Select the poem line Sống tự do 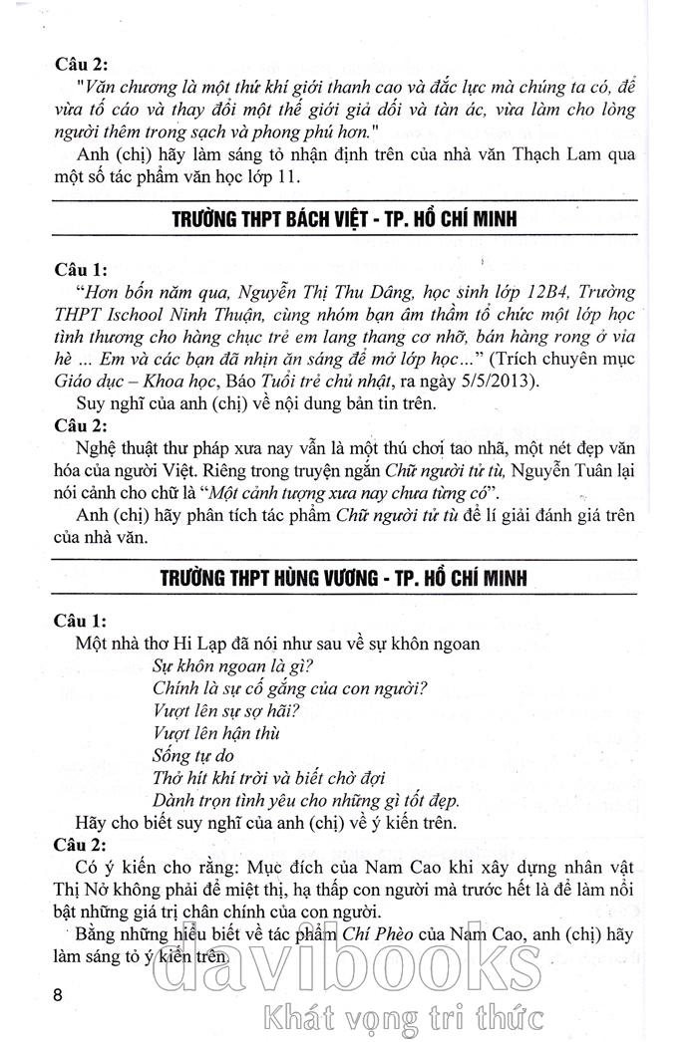[193, 756]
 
